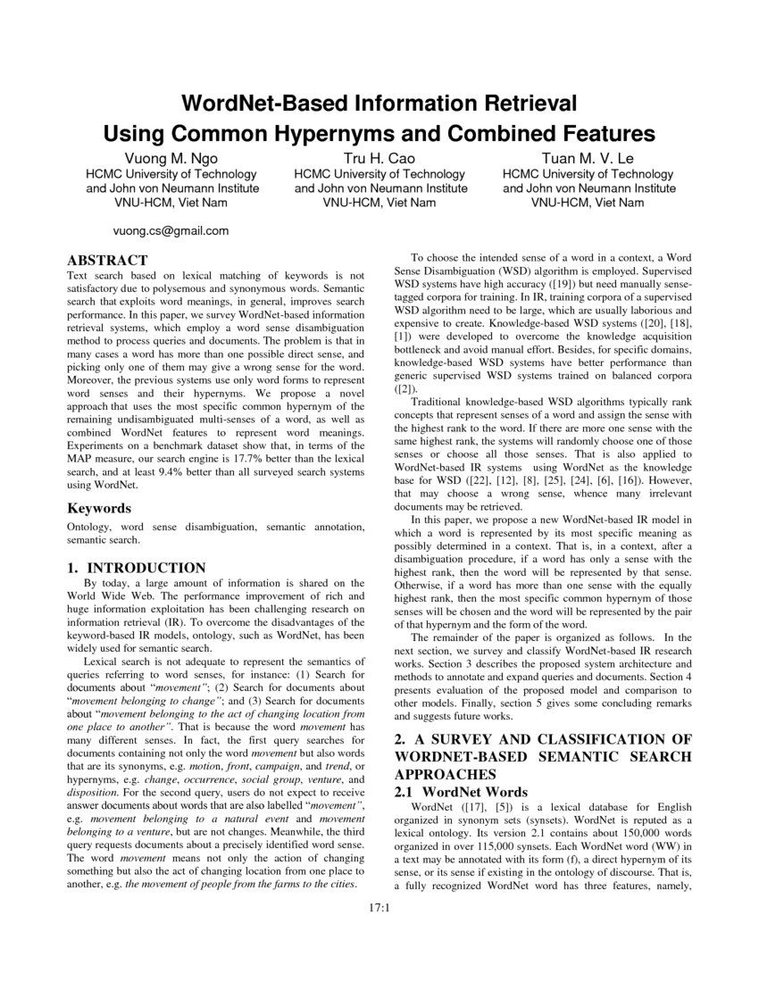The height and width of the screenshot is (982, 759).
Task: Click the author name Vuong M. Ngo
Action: click(172, 158)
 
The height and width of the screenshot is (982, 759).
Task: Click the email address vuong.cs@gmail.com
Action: click(171, 230)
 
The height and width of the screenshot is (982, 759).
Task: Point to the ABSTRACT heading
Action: click(108, 261)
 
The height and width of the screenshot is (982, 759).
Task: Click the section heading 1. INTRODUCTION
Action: click(138, 568)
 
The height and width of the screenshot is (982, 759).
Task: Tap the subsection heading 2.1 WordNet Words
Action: click(461, 792)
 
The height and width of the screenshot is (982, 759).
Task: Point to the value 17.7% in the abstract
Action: click(246, 445)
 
